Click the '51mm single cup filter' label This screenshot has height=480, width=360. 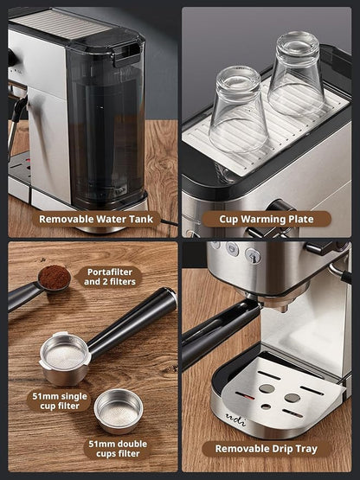click(59, 401)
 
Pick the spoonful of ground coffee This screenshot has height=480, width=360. click(54, 278)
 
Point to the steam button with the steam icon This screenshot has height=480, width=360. click(252, 255)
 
